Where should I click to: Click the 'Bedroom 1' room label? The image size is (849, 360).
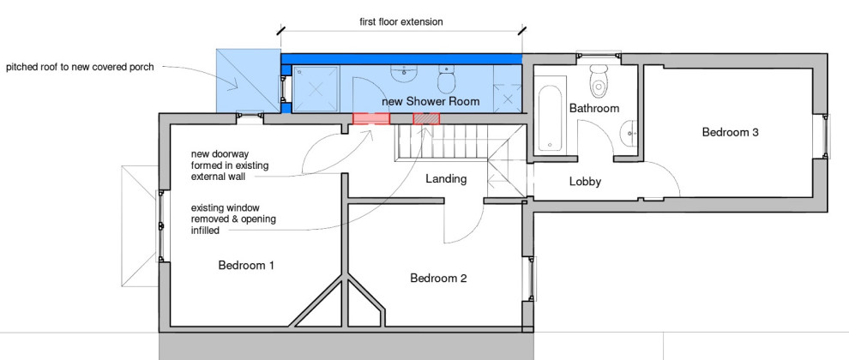(246, 265)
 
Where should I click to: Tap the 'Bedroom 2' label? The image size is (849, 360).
(438, 278)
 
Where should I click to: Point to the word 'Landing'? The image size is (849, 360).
(446, 179)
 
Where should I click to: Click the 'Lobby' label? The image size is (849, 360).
(585, 182)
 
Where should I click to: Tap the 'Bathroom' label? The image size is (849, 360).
(594, 109)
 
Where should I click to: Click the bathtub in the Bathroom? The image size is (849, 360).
(549, 116)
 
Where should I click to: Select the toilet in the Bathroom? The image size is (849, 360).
(599, 81)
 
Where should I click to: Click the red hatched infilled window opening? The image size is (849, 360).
(426, 118)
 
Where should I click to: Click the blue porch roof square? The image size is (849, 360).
(247, 80)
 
